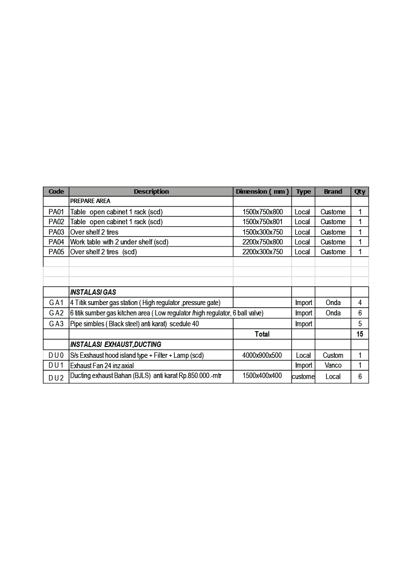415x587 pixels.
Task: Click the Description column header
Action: (151, 192)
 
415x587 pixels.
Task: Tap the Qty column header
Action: (360, 192)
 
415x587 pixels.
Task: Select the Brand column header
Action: (333, 192)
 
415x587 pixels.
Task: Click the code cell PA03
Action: (56, 232)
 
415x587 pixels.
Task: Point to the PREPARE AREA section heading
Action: (90, 201)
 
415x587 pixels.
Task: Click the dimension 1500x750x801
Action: (263, 222)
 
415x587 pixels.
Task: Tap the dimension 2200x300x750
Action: (263, 252)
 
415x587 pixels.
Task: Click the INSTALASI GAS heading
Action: (93, 292)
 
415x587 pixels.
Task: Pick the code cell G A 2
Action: (56, 313)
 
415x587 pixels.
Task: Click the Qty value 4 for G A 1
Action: (360, 303)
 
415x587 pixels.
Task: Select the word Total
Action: (262, 334)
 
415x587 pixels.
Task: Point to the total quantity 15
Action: (360, 334)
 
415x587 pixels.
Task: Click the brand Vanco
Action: (333, 365)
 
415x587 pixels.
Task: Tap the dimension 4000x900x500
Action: (262, 355)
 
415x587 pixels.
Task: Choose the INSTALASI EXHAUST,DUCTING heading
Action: (115, 345)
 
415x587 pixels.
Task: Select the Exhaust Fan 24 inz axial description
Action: (102, 366)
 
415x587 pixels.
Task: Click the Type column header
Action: (304, 192)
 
